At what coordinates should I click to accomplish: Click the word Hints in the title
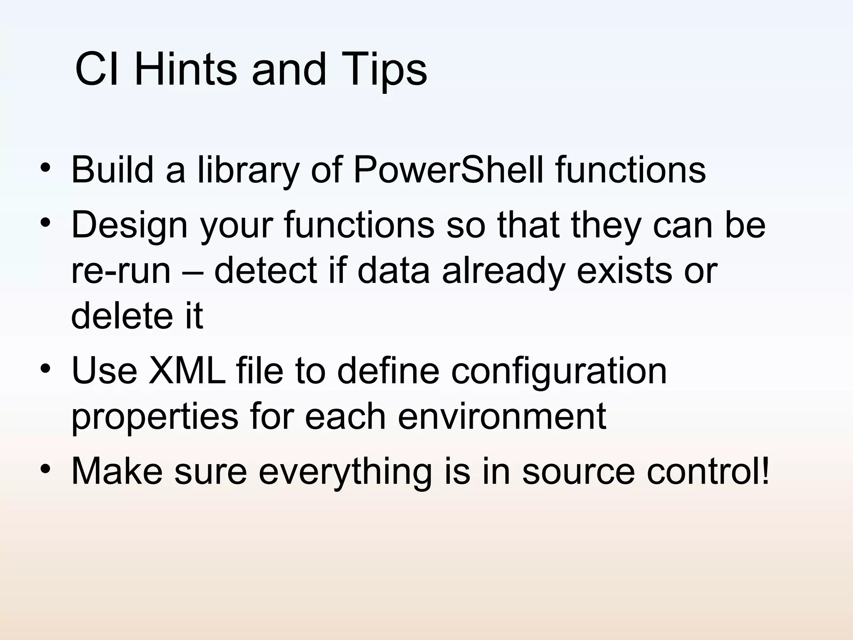click(185, 70)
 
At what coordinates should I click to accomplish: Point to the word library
click(248, 170)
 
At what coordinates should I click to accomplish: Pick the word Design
click(130, 225)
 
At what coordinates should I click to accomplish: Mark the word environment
click(501, 417)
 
